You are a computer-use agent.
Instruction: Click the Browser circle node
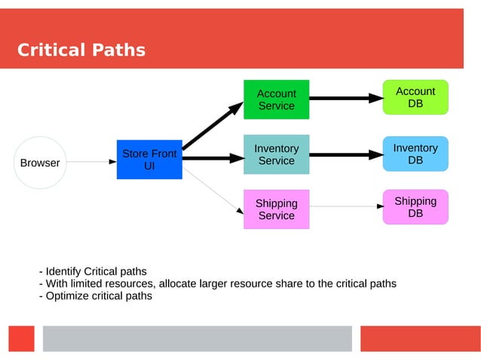pos(40,162)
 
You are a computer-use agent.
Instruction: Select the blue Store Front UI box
pos(149,159)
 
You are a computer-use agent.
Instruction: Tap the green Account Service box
pos(276,99)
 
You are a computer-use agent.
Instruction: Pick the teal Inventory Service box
pos(276,154)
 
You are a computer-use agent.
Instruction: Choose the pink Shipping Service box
pos(276,209)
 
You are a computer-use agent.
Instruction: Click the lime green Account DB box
pos(415,97)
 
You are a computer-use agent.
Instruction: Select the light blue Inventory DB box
pos(415,154)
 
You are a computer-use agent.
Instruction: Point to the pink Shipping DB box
pos(415,206)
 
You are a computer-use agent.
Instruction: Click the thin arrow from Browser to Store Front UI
pos(91,161)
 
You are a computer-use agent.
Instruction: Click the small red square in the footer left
pos(22,338)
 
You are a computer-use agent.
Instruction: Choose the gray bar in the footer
pos(197,338)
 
